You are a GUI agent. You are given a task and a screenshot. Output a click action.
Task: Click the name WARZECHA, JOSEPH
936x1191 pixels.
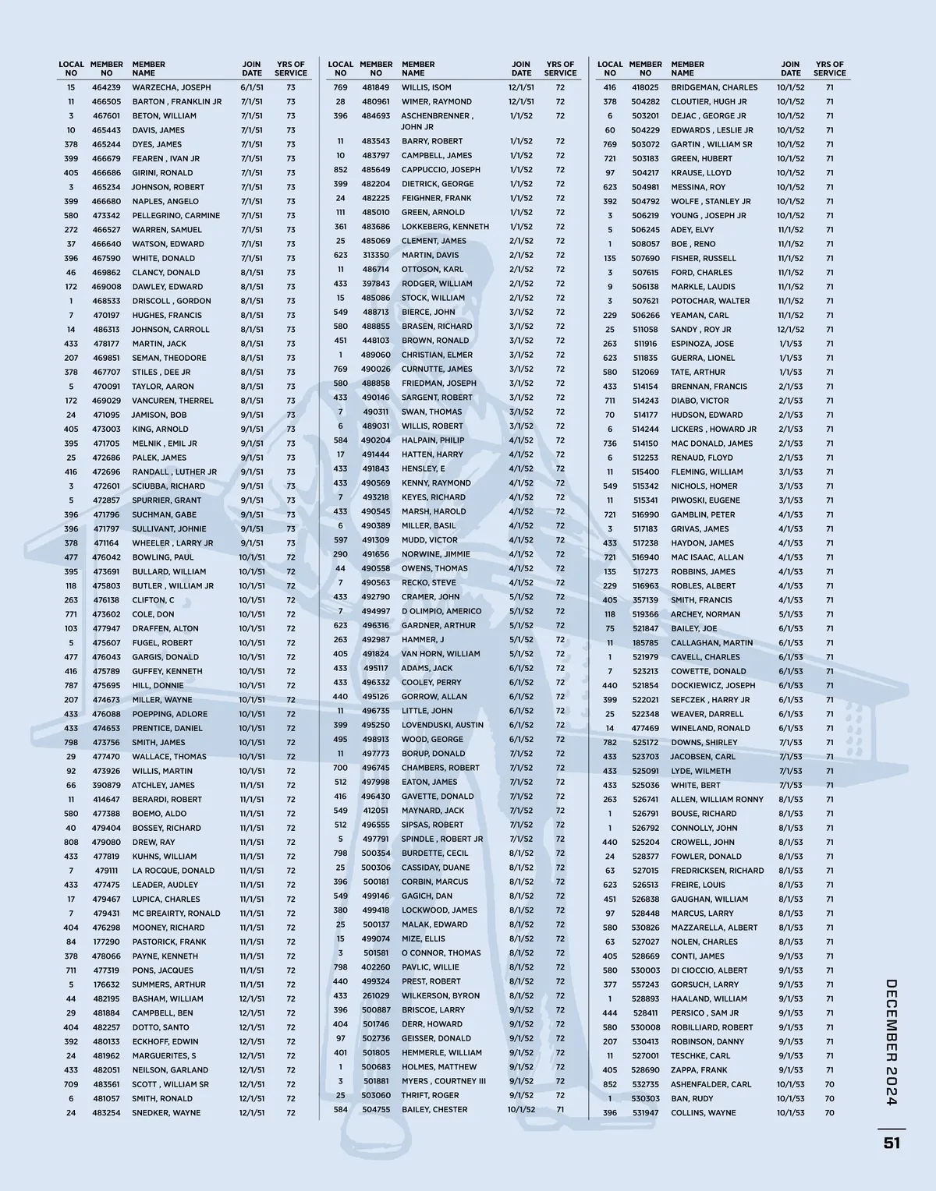click(171, 87)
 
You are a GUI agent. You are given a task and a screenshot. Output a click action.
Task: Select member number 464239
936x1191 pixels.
click(106, 87)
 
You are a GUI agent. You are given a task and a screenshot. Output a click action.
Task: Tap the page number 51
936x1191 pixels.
click(892, 1143)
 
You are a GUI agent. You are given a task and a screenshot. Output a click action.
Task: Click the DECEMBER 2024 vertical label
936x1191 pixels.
click(892, 1041)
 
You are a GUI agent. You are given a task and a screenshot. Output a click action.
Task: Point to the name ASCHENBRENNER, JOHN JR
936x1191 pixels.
click(437, 121)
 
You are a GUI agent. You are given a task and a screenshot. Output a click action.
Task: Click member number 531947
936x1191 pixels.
click(645, 1112)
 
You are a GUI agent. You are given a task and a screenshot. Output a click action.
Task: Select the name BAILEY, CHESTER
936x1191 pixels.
click(434, 1109)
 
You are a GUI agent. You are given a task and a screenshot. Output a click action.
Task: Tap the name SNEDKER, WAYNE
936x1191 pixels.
click(166, 1112)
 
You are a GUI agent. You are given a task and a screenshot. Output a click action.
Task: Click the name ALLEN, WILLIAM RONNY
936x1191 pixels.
click(717, 799)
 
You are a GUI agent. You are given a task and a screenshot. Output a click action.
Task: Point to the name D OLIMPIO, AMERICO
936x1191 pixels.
click(441, 611)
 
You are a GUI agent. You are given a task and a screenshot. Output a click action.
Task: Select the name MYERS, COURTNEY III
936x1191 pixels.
click(443, 1081)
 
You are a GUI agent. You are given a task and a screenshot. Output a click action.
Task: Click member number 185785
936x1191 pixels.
click(645, 643)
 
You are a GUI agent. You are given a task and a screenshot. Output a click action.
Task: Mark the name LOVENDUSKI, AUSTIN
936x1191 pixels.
click(442, 725)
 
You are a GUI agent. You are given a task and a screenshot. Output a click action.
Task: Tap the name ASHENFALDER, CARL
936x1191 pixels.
click(711, 1084)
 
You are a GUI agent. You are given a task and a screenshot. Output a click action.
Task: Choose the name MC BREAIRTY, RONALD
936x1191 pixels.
click(176, 914)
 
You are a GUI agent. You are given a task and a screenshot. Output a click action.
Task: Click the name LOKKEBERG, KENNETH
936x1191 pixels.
click(445, 227)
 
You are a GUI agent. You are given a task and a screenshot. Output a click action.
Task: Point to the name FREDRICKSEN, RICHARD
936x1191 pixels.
click(717, 871)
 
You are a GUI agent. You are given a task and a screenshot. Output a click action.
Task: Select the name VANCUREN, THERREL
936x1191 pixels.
click(172, 401)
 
